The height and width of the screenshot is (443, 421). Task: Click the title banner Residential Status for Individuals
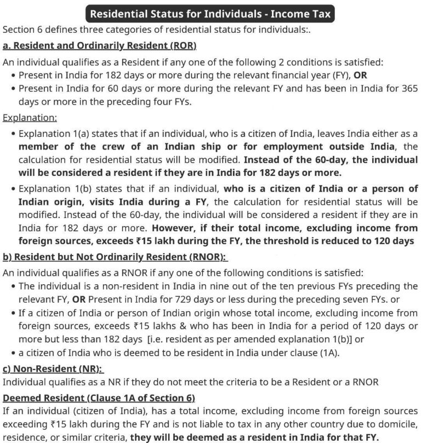tap(210, 13)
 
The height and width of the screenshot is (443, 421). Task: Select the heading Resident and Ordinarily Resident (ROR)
tap(99, 45)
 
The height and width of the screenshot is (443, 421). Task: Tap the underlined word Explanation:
tap(30, 117)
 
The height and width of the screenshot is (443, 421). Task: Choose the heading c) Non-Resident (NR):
tap(53, 370)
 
